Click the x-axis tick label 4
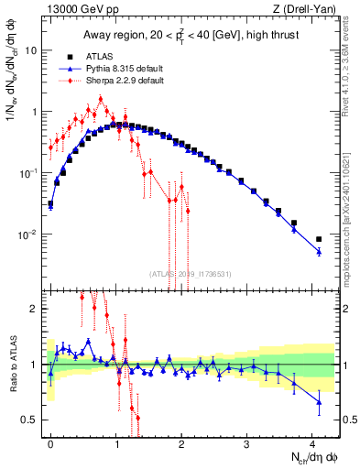[x=312, y=442]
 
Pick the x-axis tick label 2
[x=181, y=442]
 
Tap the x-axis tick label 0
[x=50, y=442]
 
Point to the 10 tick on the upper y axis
[x=32, y=50]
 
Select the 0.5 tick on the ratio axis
[x=31, y=420]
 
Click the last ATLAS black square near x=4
[x=319, y=239]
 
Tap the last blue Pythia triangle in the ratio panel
[x=319, y=402]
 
